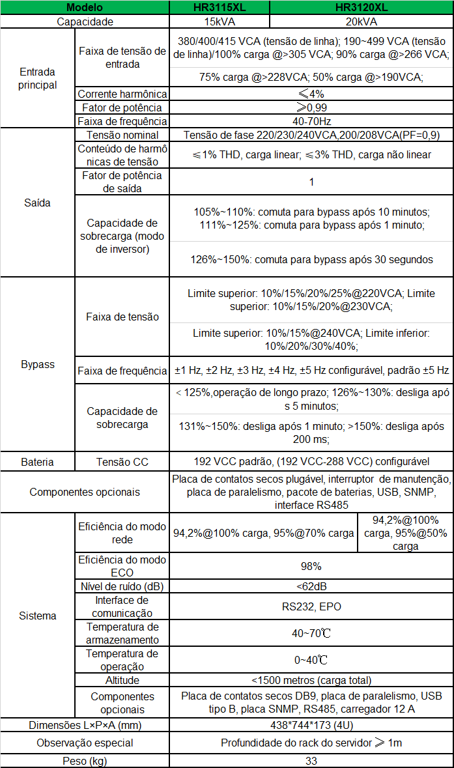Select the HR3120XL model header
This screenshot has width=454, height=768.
361,8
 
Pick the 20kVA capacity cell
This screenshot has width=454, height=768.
361,21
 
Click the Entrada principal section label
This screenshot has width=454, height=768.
38,78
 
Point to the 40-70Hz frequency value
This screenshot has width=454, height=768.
311,121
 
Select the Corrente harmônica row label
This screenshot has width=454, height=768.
122,94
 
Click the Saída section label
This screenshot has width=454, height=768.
38,203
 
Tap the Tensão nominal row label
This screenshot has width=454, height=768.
122,135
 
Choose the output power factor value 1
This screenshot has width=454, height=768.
311,182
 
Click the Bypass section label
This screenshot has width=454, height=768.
38,364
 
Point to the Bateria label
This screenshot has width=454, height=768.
38,462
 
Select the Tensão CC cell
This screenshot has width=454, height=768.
122,462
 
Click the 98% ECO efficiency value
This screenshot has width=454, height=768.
311,566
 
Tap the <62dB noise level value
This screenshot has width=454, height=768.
311,586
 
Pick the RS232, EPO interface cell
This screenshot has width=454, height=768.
311,606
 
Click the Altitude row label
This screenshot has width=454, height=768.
122,680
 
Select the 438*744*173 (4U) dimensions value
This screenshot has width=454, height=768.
311,725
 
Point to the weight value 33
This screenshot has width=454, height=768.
311,761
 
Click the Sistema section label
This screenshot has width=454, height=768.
38,616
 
